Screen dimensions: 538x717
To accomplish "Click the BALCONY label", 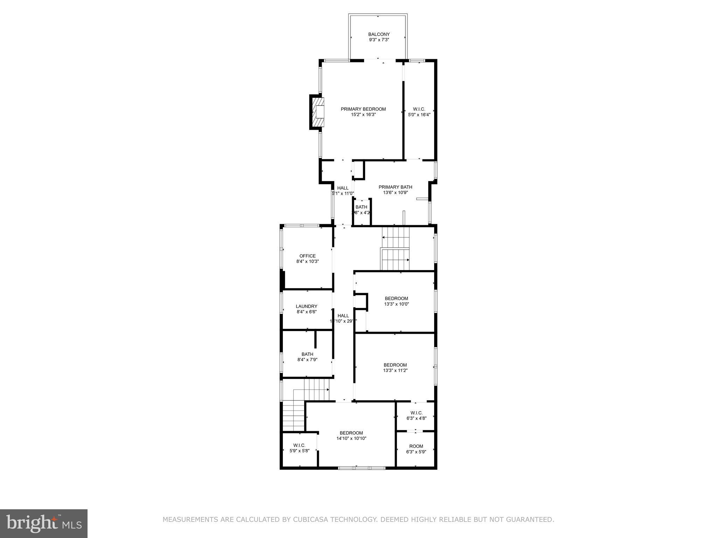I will pos(379,34).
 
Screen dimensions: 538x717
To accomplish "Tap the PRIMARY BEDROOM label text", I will pos(363,109).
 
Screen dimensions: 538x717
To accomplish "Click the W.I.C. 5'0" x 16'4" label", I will pos(419,112).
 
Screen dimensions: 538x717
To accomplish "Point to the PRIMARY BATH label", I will pos(395,187).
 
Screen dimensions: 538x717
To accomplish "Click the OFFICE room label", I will pos(307,256).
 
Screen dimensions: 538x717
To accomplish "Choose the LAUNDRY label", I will pos(306,306).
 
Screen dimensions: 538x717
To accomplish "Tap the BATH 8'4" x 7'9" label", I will pos(307,357).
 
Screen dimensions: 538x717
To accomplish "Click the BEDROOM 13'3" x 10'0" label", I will pos(396,301).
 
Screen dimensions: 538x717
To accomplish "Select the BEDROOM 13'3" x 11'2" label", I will pos(395,367).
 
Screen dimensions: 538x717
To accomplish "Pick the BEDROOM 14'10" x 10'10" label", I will pos(351,435).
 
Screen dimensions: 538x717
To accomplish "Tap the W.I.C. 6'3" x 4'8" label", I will pos(416,415).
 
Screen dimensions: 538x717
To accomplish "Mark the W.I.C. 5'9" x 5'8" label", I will pos(299,448).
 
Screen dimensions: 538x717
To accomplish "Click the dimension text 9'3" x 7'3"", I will pos(379,40).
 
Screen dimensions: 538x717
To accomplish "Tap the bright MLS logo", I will pos(44,523).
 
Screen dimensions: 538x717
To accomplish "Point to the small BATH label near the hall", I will pos(361,207).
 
